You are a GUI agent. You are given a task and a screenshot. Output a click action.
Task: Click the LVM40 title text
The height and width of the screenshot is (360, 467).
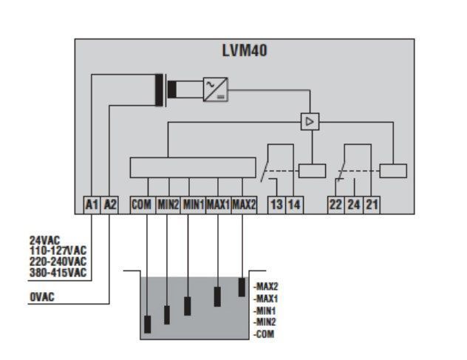tap(245, 50)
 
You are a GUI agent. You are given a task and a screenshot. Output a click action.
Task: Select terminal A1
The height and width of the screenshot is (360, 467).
tap(92, 205)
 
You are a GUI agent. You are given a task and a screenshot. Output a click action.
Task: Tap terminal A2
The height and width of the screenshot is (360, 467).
tap(109, 205)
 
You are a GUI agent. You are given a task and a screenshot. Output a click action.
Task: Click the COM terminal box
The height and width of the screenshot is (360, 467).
tap(143, 205)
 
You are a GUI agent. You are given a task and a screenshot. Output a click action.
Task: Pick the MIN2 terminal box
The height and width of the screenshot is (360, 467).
tap(168, 205)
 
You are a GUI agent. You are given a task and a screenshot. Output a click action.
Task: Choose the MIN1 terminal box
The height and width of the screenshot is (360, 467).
tap(193, 205)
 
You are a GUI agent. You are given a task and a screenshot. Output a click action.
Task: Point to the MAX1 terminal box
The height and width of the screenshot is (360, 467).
tap(218, 205)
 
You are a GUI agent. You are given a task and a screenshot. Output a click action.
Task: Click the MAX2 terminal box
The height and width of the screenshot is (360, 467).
tap(244, 205)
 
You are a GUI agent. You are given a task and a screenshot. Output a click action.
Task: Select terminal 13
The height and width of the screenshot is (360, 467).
tap(276, 205)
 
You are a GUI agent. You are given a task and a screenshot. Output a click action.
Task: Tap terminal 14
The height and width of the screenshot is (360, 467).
tap(295, 205)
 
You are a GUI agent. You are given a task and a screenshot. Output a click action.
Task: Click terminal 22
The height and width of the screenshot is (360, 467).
tap(336, 205)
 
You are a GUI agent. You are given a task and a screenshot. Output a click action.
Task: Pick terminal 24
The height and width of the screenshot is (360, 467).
tap(354, 205)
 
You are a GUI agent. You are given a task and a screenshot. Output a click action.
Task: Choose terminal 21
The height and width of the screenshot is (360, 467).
tap(372, 205)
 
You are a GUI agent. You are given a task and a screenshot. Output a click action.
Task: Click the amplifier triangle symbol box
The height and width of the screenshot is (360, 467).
tap(310, 121)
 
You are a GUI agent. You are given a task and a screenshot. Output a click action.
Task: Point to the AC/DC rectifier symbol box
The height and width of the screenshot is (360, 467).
tap(216, 89)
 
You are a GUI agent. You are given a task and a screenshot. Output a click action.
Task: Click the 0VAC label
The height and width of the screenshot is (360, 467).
tap(42, 297)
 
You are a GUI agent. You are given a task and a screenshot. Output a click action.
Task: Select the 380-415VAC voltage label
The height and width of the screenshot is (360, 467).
tap(58, 273)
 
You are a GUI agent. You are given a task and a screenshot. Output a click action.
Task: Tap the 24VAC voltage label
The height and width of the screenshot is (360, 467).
tap(44, 240)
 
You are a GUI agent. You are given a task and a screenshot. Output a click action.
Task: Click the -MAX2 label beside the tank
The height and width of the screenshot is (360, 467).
tap(266, 287)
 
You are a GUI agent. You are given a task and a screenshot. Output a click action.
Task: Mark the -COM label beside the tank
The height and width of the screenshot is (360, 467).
tap(264, 334)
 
